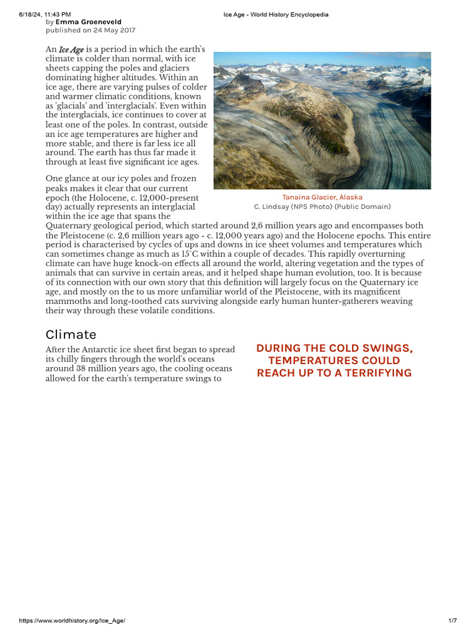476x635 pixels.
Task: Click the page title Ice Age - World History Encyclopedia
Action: pos(276,14)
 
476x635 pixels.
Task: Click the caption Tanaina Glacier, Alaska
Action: pos(322,197)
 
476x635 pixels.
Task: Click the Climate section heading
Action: pos(71,334)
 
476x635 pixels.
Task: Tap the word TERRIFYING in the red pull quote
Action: pos(379,373)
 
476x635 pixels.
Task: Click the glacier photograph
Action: pos(322,120)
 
